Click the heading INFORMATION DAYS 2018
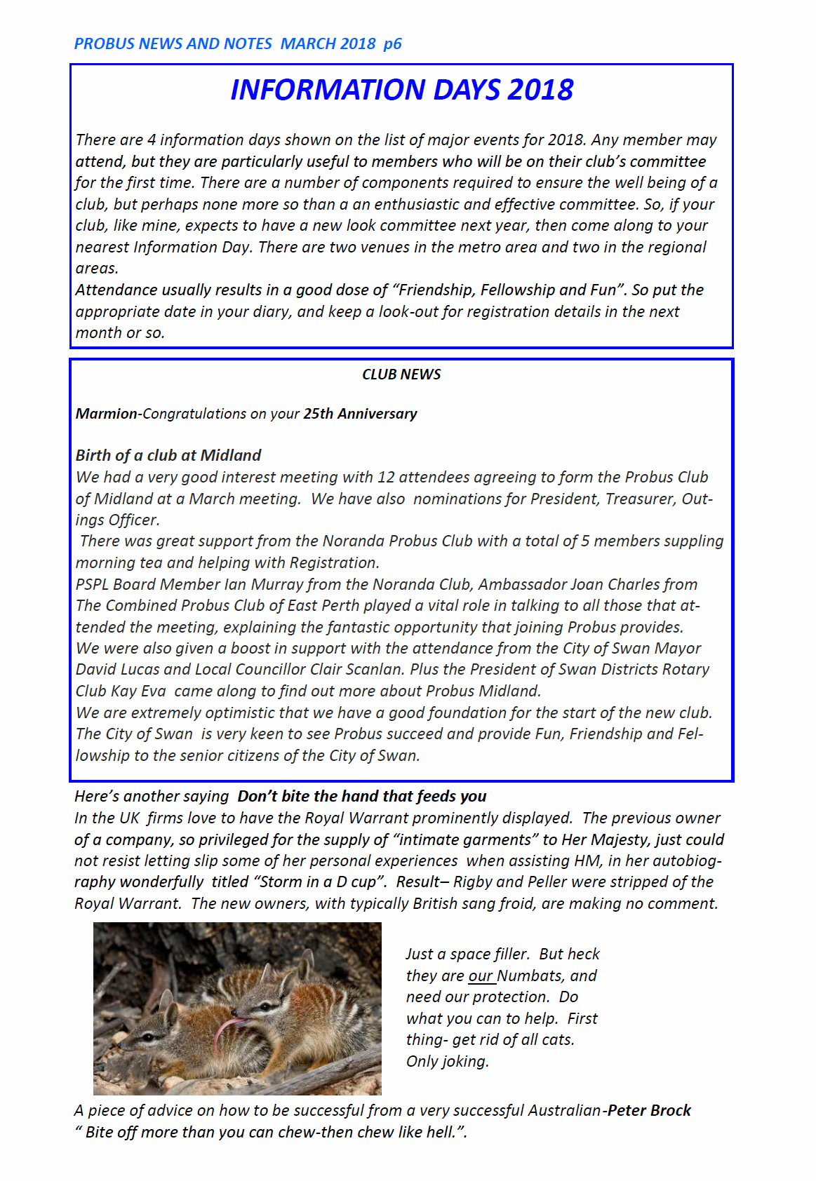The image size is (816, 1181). pyautogui.click(x=401, y=90)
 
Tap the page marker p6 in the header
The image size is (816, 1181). pyautogui.click(x=392, y=43)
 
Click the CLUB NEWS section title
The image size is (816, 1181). pyautogui.click(x=401, y=374)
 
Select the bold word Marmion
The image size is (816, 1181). pyautogui.click(x=106, y=414)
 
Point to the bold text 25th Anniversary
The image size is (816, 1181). pyautogui.click(x=360, y=414)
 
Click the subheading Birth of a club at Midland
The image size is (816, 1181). pyautogui.click(x=168, y=455)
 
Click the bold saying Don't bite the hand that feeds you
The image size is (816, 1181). pyautogui.click(x=362, y=796)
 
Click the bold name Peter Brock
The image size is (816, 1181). pyautogui.click(x=650, y=1110)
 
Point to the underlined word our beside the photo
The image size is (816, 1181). pyautogui.click(x=481, y=976)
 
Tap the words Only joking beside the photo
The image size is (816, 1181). pyautogui.click(x=447, y=1061)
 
